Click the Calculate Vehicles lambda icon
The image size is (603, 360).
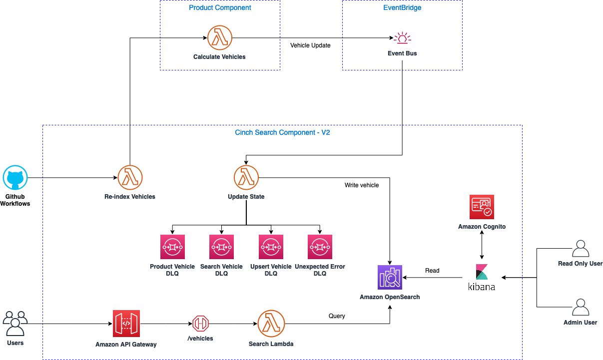pos(220,38)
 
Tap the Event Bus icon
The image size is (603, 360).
pos(402,38)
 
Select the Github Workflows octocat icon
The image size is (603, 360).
pos(15,178)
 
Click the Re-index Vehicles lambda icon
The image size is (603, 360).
pos(130,178)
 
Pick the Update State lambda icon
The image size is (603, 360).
pos(246,178)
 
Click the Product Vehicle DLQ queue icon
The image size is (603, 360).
pos(172,247)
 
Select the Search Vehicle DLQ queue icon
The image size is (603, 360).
pos(221,247)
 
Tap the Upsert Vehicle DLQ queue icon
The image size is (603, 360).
pos(271,247)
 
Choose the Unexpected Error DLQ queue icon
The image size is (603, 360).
pos(320,247)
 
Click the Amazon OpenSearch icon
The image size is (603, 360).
pos(390,277)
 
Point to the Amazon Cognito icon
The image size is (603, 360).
pos(482,207)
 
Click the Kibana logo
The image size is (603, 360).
pos(482,277)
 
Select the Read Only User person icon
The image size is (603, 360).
pos(580,249)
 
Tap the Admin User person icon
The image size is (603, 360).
pos(580,308)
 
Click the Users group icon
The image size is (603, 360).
pos(15,324)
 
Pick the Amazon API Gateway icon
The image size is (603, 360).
pos(126,324)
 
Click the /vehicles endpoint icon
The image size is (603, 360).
pos(200,324)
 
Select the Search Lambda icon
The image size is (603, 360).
pos(271,324)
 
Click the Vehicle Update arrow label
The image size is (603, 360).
pos(310,45)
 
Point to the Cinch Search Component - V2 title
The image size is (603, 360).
pos(282,133)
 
